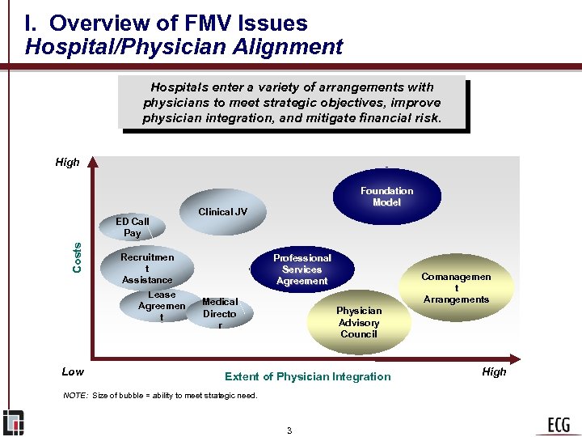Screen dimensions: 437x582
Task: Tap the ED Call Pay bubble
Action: [133, 227]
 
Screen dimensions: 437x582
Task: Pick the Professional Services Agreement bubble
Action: [302, 269]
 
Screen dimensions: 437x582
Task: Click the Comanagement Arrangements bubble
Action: [456, 287]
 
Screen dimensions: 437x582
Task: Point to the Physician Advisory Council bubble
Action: [359, 321]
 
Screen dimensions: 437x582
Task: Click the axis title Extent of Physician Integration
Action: [307, 376]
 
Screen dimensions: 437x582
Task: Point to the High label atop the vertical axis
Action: [67, 162]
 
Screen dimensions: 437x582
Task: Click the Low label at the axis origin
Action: [73, 371]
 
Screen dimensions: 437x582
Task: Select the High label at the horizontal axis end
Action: [494, 371]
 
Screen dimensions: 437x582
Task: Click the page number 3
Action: [289, 430]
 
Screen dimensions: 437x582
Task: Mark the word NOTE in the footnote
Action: [75, 395]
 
